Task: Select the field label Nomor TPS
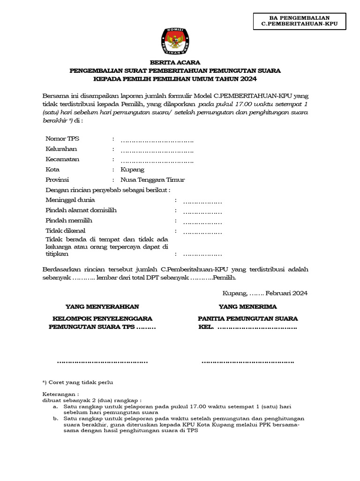click(62, 139)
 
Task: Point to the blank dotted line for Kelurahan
click(157, 149)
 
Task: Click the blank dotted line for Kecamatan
click(157, 160)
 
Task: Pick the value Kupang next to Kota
click(132, 170)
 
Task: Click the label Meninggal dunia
click(70, 200)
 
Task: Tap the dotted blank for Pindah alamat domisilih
click(202, 210)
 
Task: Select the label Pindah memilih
click(69, 220)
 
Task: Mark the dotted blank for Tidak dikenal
click(202, 231)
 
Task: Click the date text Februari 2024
click(286, 293)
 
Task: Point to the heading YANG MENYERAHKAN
click(102, 307)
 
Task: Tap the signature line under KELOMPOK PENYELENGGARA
click(102, 362)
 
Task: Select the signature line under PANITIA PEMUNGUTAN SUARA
click(247, 362)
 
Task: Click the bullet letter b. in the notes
click(56, 418)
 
